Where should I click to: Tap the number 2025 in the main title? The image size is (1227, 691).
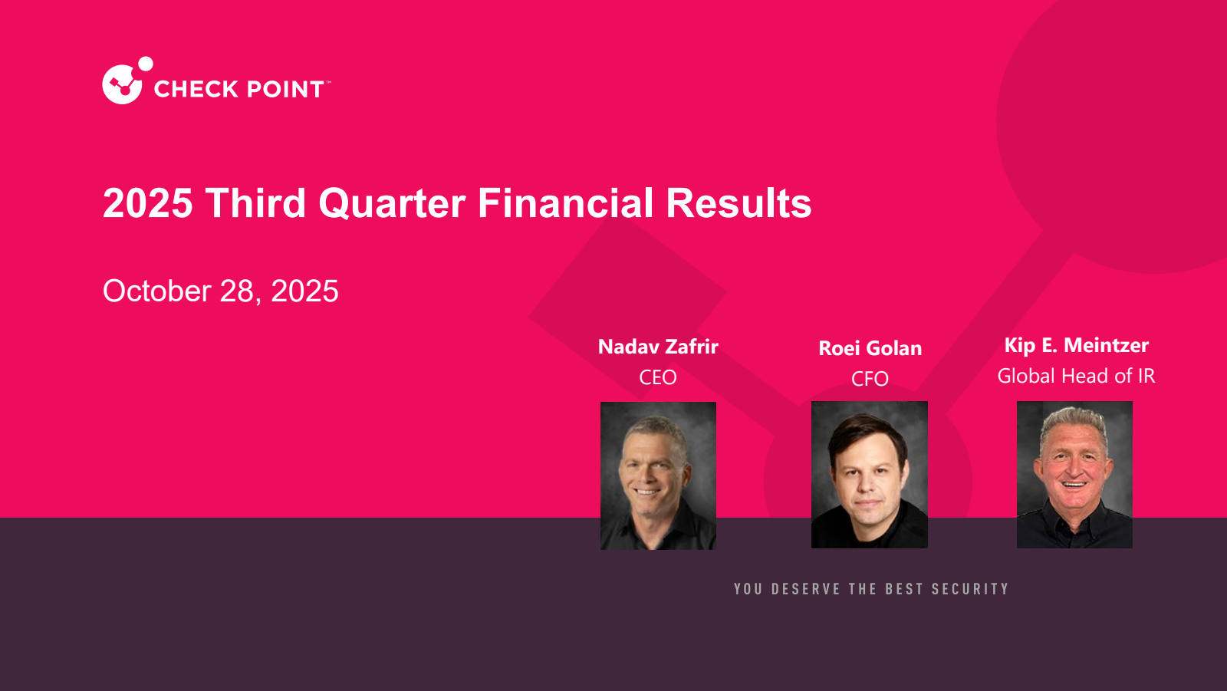148,203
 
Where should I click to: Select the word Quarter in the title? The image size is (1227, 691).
392,204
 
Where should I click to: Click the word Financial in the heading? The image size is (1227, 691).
566,202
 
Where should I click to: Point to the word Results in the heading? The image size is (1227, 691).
739,202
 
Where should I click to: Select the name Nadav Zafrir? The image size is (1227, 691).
658,347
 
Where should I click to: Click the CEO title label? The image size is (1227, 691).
658,377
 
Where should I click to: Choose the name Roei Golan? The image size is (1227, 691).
870,348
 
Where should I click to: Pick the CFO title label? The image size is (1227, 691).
870,379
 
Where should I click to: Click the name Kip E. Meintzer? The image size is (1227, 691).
1077,344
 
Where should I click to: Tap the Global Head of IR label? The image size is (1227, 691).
1076,376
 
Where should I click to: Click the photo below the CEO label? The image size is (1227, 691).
658,475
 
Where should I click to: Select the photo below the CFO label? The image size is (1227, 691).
870,475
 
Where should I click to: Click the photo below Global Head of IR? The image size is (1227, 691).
1074,475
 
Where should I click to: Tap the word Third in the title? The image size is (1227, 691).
255,202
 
